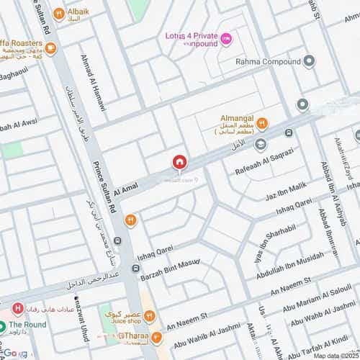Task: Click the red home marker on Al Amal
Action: [179, 163]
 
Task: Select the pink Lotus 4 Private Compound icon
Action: [226, 38]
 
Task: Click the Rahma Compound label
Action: [269, 61]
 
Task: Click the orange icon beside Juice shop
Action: [149, 315]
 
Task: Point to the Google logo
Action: [14, 353]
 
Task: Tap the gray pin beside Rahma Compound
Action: [310, 61]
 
